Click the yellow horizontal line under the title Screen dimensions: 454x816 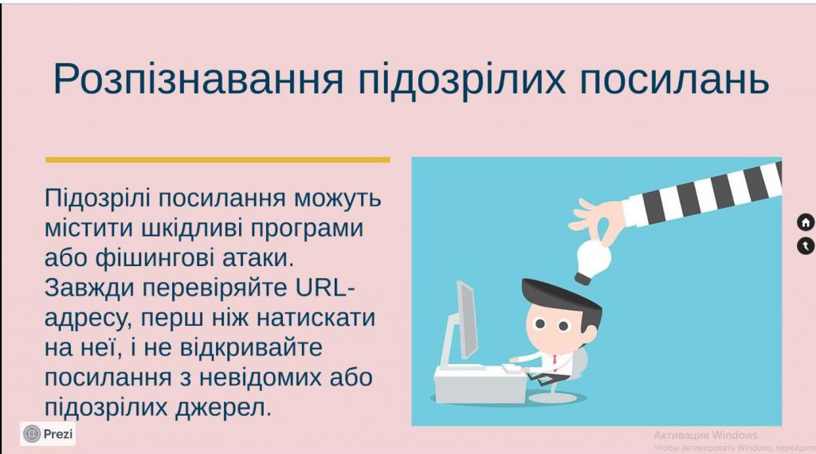pos(218,159)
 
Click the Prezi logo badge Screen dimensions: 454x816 pos(48,433)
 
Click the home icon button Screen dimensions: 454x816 pos(806,222)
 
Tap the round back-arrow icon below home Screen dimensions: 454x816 pos(806,246)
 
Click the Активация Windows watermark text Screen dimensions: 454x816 pos(705,435)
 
